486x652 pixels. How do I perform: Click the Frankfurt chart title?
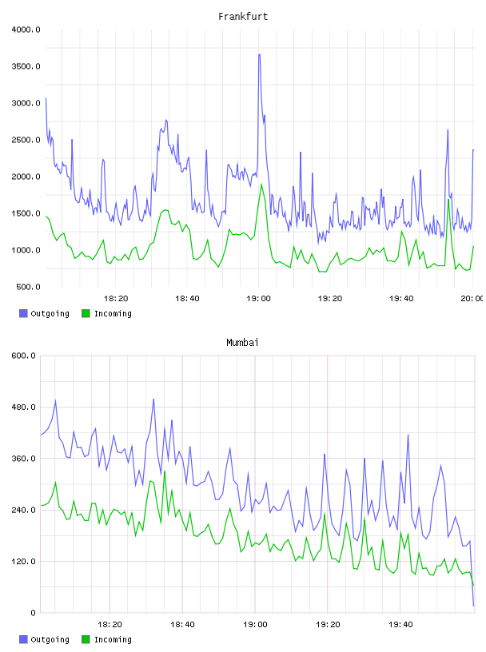pos(243,17)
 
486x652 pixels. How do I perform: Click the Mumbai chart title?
pos(242,343)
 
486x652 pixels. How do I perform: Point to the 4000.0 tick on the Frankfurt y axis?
pos(26,30)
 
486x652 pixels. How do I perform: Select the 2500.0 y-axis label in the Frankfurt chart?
pos(26,140)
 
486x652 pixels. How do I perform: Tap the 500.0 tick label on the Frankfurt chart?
pos(28,287)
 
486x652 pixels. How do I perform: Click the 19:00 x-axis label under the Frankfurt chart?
pos(258,299)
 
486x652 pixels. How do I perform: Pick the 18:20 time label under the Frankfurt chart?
pos(116,299)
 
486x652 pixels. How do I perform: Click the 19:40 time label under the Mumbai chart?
pos(400,625)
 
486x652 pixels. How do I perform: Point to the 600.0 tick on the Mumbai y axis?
pos(24,356)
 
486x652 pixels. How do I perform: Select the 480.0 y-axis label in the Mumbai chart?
pos(24,407)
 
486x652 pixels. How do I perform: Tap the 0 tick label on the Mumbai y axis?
pos(34,613)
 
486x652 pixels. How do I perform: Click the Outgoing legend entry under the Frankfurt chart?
pos(44,313)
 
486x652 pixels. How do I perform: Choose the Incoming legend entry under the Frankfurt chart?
pos(106,313)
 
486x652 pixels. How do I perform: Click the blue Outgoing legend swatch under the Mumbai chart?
pos(23,639)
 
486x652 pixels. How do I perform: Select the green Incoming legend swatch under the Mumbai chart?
pos(86,639)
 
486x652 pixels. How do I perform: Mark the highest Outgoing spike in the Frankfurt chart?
pos(259,54)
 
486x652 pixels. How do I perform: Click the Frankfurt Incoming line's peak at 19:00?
pos(261,184)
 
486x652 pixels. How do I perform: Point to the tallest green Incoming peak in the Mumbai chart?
pos(165,471)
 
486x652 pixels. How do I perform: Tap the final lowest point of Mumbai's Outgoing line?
pos(473,606)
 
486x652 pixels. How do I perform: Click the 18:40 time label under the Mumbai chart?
pos(182,625)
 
